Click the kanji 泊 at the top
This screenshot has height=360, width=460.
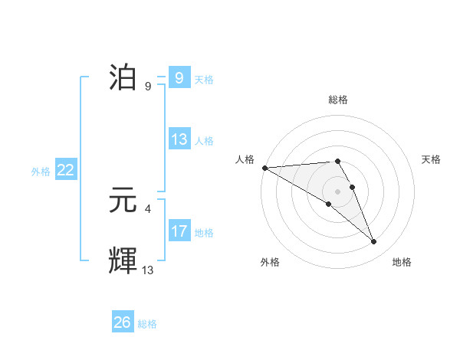coord(124,78)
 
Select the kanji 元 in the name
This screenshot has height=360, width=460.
coord(124,200)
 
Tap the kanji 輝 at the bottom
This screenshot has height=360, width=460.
coord(124,260)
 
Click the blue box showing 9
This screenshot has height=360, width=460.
coord(179,78)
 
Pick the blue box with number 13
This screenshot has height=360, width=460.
coord(179,139)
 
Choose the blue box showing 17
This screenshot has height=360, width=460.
coord(179,231)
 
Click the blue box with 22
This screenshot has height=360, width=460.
coord(65,170)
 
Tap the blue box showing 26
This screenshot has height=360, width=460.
coord(123,322)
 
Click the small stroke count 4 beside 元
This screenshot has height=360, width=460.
coord(147,208)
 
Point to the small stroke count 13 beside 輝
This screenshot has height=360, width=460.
coord(147,269)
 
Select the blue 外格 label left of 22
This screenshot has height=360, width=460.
coord(41,172)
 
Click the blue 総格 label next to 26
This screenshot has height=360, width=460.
coord(147,324)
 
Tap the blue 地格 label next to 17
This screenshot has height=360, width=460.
coord(204,232)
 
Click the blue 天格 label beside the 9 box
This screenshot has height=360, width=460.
coord(204,80)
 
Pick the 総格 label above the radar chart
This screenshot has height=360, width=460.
coord(338,100)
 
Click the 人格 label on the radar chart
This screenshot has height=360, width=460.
coord(245,159)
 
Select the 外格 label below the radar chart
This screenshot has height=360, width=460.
coord(269,262)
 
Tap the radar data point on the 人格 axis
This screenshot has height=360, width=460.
coord(264,167)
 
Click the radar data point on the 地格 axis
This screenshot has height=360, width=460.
coord(374,242)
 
